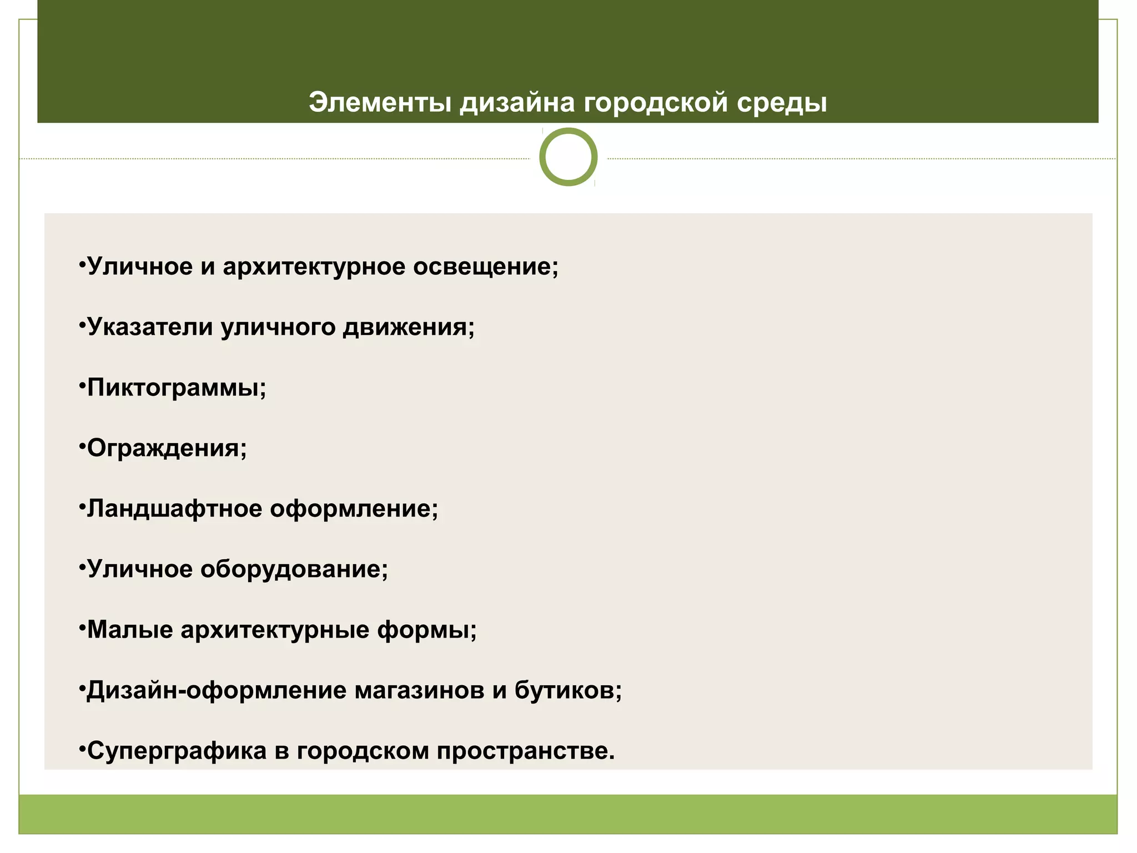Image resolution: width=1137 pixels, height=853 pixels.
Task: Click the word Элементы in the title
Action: point(380,103)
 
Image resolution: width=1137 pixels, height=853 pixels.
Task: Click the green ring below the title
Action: point(568,157)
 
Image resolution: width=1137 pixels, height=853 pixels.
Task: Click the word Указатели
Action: point(150,327)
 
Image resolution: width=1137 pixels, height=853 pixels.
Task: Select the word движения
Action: point(408,327)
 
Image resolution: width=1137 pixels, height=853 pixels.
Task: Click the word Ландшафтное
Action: point(174,509)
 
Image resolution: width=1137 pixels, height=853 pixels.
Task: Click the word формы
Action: point(426,630)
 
